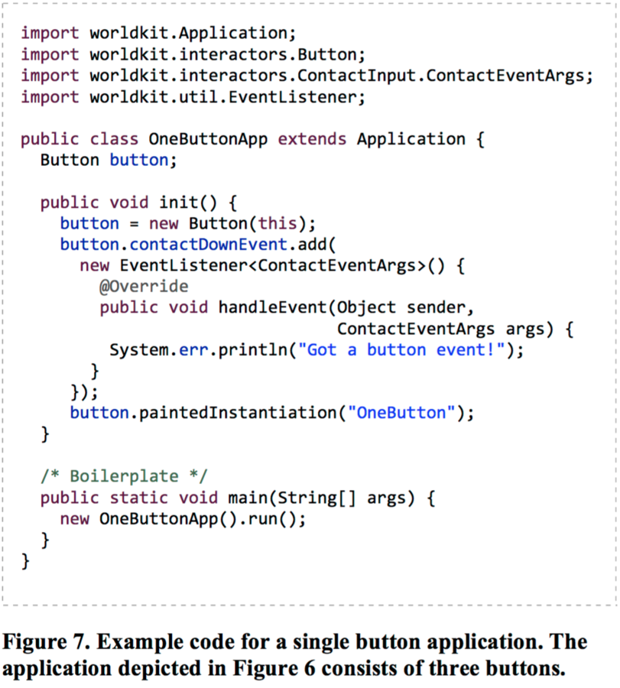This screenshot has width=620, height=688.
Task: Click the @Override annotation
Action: click(144, 287)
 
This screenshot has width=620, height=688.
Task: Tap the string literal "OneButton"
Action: click(401, 414)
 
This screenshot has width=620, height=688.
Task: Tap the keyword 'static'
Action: click(139, 498)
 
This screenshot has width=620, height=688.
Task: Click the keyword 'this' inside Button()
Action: click(278, 224)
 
